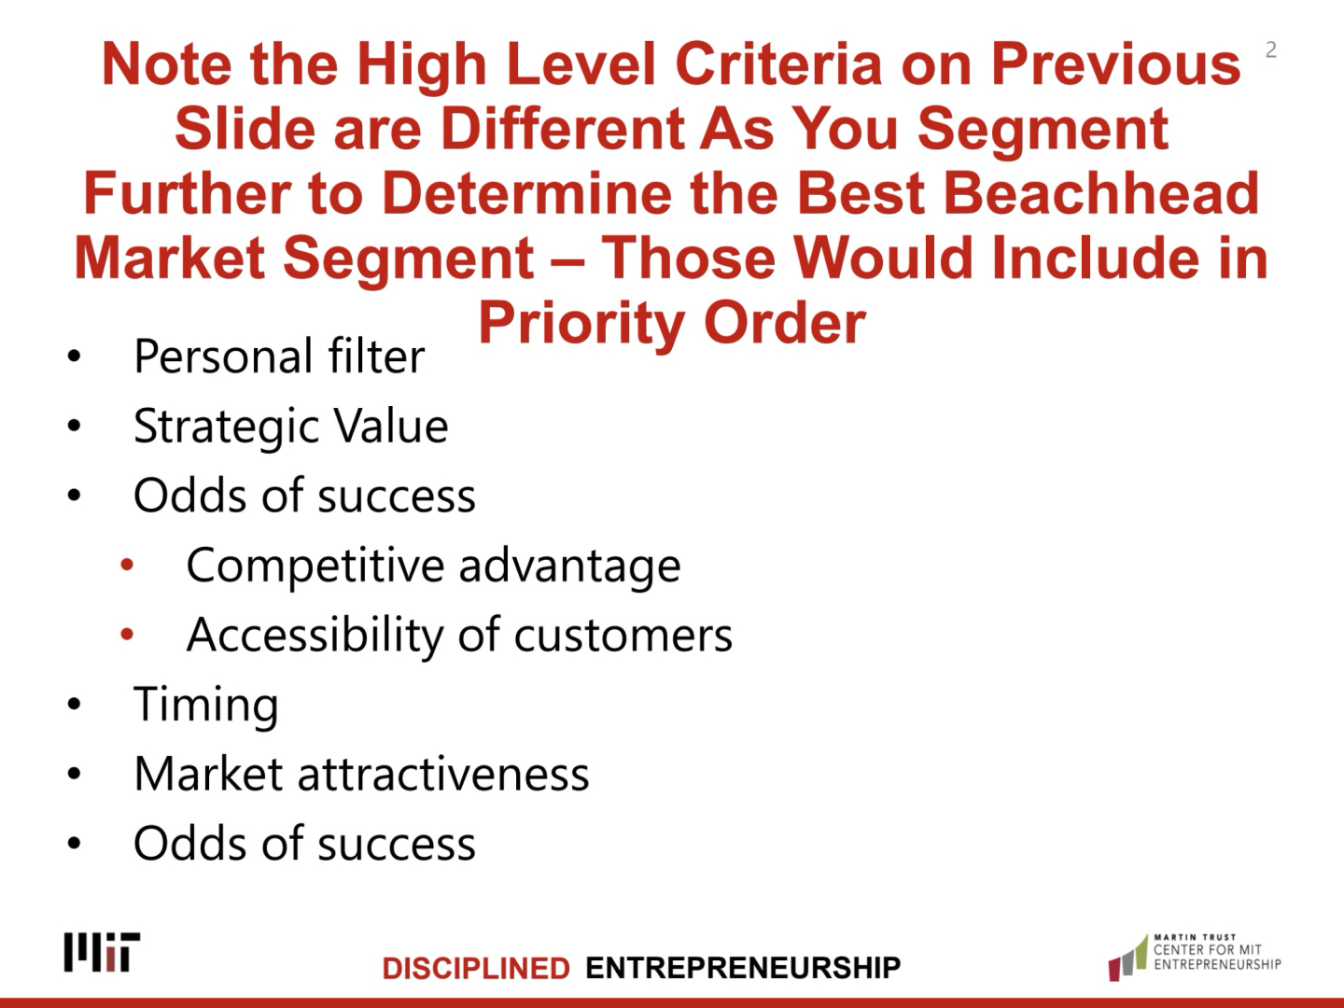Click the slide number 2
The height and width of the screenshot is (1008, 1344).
tap(1271, 49)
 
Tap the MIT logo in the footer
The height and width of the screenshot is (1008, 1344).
tap(102, 952)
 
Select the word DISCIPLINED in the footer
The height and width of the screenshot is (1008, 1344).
tap(476, 968)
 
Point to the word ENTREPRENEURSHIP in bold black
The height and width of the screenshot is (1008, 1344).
tap(743, 968)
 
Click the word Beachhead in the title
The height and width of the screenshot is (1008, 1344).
tap(1101, 193)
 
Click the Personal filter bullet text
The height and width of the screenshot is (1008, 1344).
tap(279, 356)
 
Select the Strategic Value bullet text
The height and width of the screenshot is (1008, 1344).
tap(291, 426)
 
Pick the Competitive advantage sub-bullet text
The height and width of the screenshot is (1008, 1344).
tap(433, 566)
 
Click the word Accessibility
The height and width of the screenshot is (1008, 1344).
tap(315, 636)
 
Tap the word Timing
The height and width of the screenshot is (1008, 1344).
tap(205, 705)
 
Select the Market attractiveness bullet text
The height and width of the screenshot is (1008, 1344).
tap(361, 775)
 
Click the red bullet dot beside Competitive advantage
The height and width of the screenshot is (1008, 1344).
tap(127, 565)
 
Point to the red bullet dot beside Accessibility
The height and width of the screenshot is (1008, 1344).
tap(127, 635)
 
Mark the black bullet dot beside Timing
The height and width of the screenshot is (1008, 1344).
tap(74, 705)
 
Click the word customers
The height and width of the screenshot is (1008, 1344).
tap(623, 637)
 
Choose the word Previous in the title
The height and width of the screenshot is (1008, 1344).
tap(1115, 63)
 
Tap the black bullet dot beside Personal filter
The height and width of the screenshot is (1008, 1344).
tap(74, 357)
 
